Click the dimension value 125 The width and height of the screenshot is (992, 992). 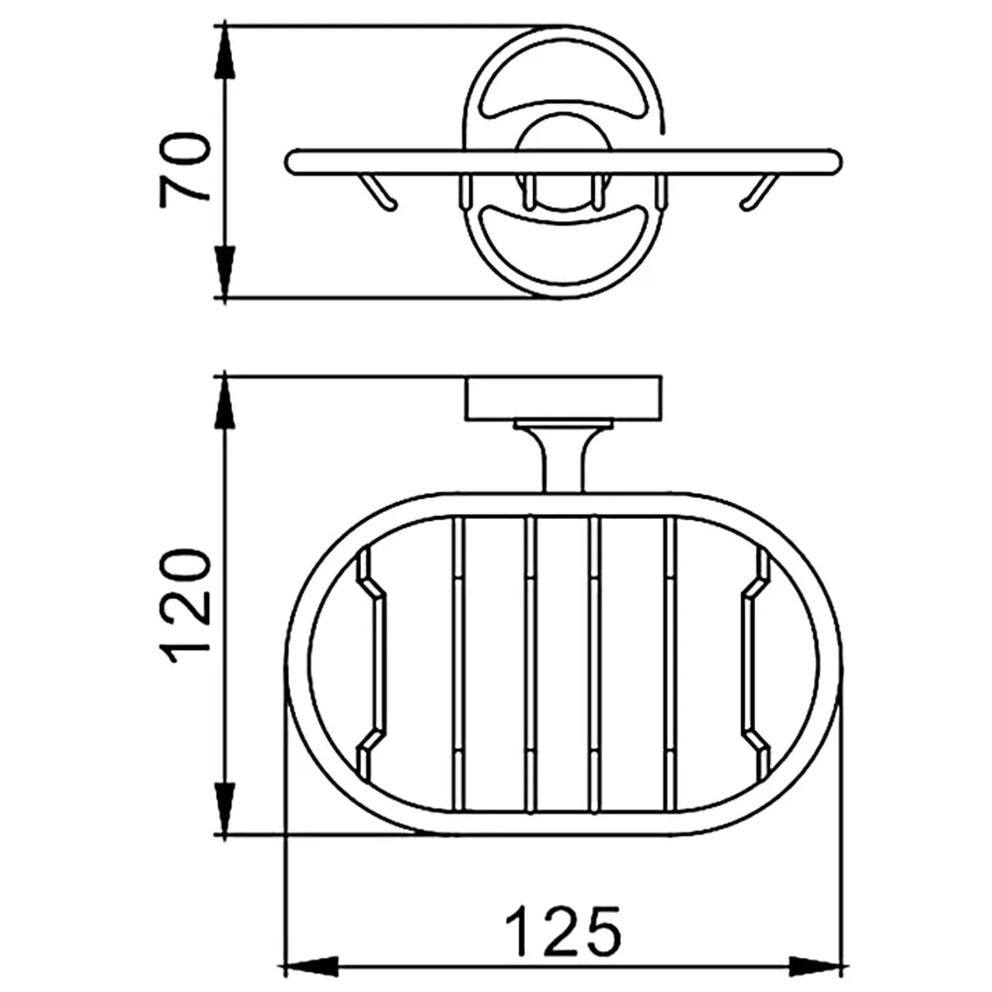[562, 931]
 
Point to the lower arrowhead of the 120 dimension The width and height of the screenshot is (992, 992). [224, 808]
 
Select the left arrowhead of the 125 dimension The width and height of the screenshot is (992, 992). [311, 967]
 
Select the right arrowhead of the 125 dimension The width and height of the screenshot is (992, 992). [816, 967]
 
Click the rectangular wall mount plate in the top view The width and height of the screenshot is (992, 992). [563, 399]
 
